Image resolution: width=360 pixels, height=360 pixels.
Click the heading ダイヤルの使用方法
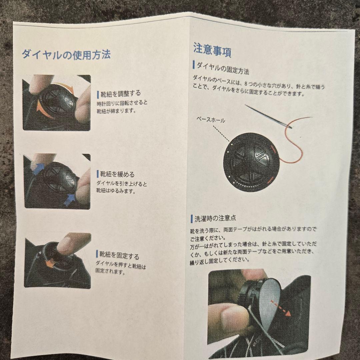point(66,55)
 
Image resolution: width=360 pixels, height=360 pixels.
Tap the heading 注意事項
point(212,50)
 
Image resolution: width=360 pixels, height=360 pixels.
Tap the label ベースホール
point(211,120)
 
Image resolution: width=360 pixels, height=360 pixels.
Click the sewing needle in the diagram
point(268,116)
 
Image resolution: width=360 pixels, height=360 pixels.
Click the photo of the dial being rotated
point(56,103)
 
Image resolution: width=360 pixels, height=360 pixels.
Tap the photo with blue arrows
point(57,181)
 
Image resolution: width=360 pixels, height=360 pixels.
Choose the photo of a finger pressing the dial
point(58,261)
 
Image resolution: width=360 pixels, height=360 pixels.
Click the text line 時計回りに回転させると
point(122,103)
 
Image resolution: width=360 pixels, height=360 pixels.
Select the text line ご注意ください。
point(208,238)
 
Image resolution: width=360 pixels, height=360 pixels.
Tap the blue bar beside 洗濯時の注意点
point(192,219)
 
